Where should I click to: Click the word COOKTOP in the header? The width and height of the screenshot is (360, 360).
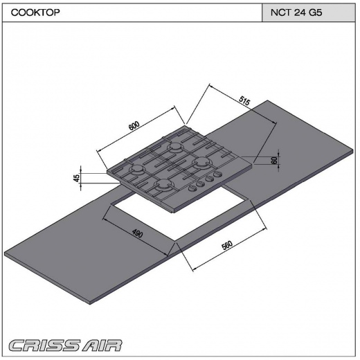tap(35, 12)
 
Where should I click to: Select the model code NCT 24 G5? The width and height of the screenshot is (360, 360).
tap(296, 12)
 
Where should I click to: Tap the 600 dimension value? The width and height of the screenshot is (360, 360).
tap(134, 125)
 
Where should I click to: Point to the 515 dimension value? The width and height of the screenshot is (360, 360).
tap(244, 100)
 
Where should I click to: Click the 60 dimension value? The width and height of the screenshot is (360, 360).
tap(274, 160)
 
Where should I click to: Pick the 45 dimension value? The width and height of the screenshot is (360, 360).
tap(77, 178)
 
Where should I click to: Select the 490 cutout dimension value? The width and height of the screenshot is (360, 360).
tap(138, 233)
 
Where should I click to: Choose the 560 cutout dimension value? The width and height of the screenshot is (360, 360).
tap(227, 245)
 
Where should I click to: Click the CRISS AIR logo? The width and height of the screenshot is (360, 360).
tap(65, 345)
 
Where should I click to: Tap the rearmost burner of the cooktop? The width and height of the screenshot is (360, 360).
tap(176, 147)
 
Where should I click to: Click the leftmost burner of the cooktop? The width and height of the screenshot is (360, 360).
tap(138, 170)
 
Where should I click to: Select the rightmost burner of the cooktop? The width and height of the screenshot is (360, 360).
tap(202, 161)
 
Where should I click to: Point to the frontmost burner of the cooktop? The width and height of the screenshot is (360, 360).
tap(164, 184)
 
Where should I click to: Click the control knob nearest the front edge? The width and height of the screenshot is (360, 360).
tap(193, 188)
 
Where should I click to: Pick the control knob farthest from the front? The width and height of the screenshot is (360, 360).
tap(217, 174)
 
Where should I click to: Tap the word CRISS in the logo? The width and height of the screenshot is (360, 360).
tap(44, 345)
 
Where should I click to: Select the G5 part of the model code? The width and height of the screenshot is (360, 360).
tap(315, 12)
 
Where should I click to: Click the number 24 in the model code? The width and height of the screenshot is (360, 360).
tap(300, 12)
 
